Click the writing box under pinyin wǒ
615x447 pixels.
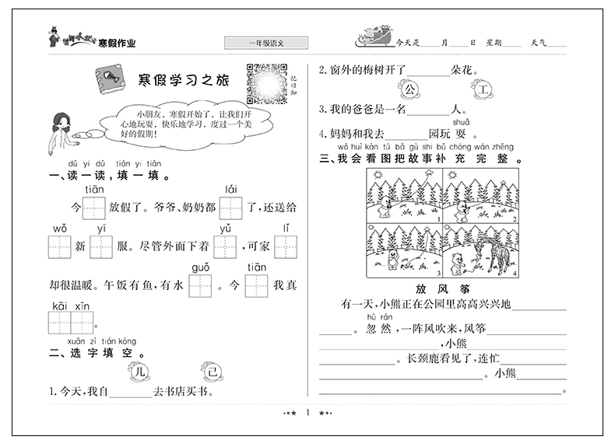[x=60, y=248]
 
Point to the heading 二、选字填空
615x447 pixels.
[x=93, y=351]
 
